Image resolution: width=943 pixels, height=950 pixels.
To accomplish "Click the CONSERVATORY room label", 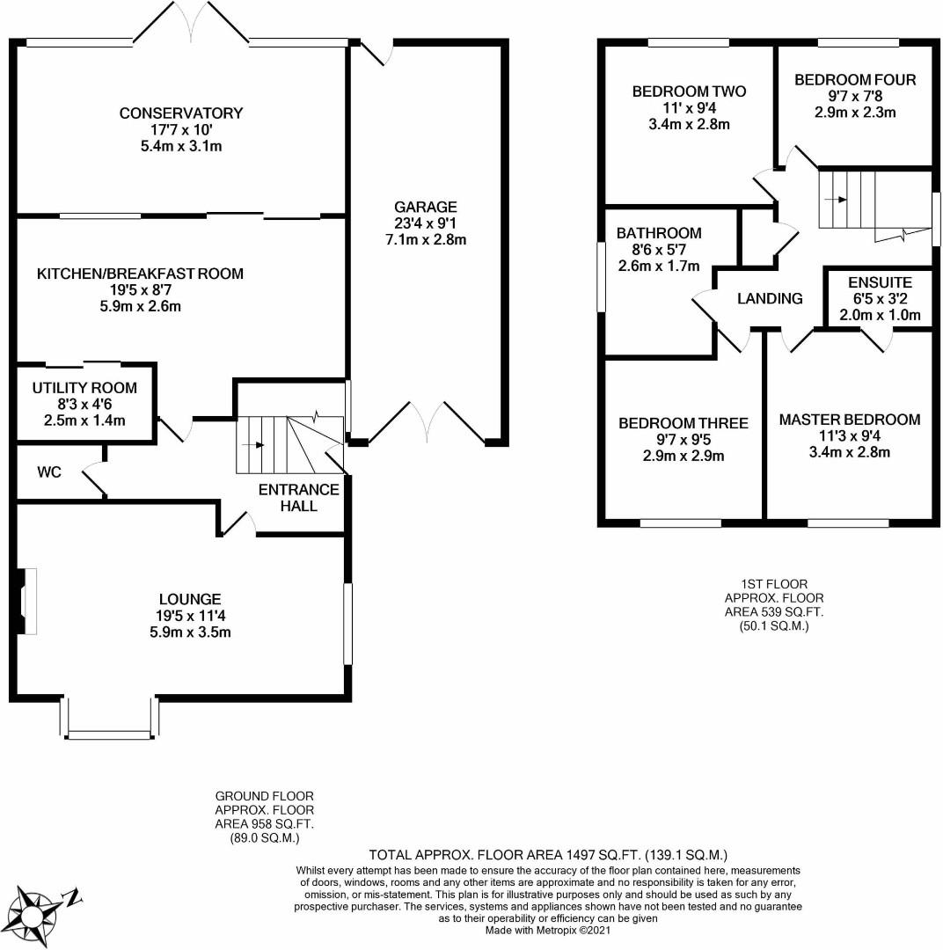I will pos(181,113).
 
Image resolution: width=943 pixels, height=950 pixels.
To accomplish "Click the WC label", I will pos(49,472).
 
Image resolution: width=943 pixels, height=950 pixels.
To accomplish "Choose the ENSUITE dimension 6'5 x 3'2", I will pos(880,299).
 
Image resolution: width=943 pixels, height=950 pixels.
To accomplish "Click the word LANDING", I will pos(770,299).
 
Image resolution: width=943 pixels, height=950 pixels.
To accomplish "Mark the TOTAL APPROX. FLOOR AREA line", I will pos(548,854).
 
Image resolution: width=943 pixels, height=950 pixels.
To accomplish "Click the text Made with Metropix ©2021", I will pos(546,929).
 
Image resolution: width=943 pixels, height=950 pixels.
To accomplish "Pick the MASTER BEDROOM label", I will pos(850,420).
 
